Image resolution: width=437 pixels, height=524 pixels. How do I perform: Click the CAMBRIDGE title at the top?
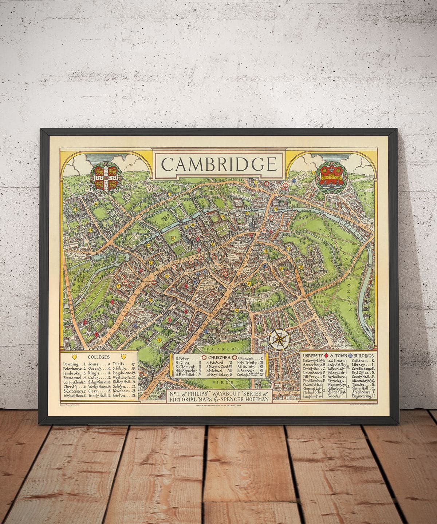pos(219,164)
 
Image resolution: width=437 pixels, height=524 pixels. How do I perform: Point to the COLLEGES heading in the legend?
pos(99,357)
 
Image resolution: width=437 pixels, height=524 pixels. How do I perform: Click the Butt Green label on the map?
pos(322,299)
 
